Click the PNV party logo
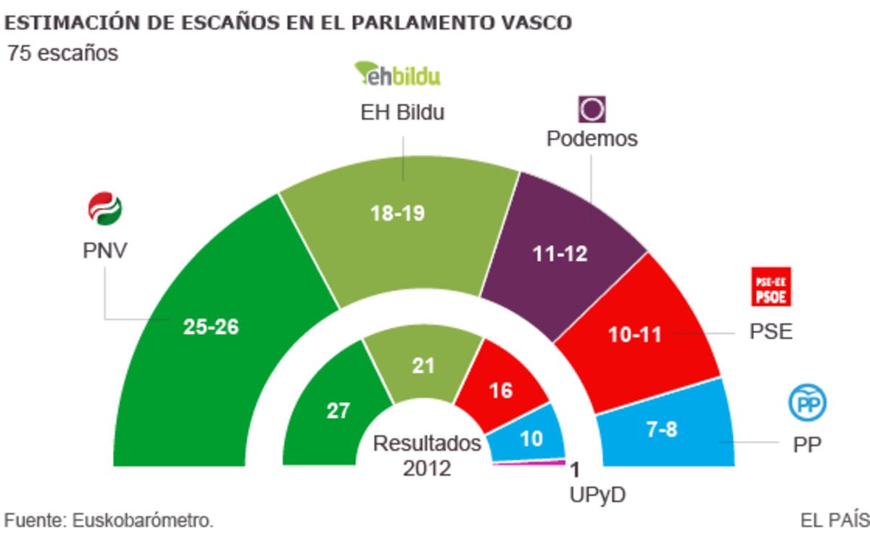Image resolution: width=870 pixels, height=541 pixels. tap(104, 209)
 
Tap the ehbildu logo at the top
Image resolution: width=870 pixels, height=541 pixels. tap(397, 74)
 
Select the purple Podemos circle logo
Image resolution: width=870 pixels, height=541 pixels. tap(592, 110)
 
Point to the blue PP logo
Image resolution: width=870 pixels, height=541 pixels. tap(807, 404)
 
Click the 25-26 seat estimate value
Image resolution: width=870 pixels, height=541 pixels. tap(211, 327)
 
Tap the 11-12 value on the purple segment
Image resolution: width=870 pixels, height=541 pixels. tap(558, 254)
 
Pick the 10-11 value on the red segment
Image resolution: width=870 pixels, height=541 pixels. tap(634, 335)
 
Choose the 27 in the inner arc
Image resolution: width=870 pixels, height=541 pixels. tap(338, 411)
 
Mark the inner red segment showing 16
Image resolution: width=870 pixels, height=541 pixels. tap(501, 390)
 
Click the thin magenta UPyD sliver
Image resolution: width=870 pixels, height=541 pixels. tap(529, 463)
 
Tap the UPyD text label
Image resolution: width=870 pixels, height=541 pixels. tap(597, 495)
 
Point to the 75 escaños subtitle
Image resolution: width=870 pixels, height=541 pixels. tap(62, 54)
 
